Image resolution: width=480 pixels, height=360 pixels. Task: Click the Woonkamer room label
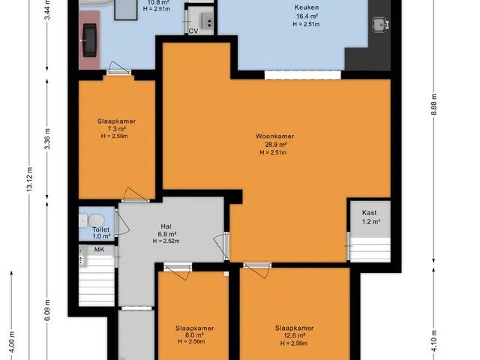click(x=275, y=136)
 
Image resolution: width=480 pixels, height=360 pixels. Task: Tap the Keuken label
click(x=307, y=7)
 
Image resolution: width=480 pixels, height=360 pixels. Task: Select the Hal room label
click(x=166, y=226)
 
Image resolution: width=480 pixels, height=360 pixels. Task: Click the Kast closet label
click(x=370, y=212)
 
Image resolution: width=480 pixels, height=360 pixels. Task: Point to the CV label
click(x=193, y=31)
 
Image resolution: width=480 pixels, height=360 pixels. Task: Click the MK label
click(x=99, y=250)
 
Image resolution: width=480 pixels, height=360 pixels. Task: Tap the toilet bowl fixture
click(x=95, y=220)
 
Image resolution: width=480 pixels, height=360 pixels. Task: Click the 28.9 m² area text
click(x=275, y=145)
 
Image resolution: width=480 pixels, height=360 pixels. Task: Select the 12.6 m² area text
click(x=295, y=336)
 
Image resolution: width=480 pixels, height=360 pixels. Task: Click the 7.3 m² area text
click(x=117, y=128)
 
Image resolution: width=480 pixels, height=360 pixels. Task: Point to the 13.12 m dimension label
click(x=29, y=179)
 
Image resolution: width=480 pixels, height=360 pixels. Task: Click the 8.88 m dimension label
click(x=433, y=104)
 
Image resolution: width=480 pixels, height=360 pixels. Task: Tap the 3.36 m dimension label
click(x=47, y=139)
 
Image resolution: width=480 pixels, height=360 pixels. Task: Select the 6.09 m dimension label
click(x=47, y=310)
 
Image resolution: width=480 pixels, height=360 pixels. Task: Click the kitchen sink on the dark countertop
click(x=380, y=25)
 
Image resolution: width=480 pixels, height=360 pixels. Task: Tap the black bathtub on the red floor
click(x=90, y=40)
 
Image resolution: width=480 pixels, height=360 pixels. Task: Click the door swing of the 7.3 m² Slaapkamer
click(x=135, y=194)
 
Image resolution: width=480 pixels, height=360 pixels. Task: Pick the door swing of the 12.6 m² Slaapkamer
click(x=257, y=271)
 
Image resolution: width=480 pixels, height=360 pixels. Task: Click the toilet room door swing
click(x=122, y=222)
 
